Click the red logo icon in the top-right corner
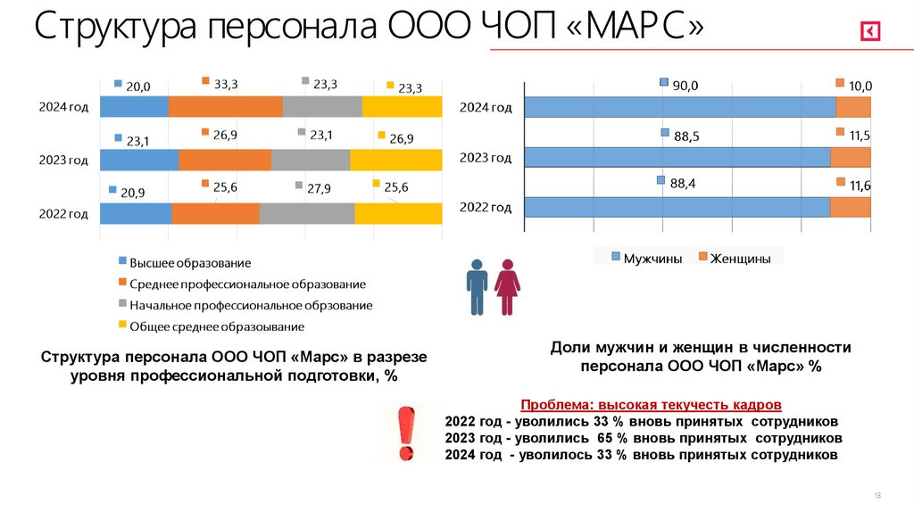[x=870, y=32]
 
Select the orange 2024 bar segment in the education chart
[x=225, y=106]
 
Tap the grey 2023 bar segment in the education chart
[x=311, y=160]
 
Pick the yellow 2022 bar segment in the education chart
[x=398, y=213]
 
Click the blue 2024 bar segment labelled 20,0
[x=134, y=106]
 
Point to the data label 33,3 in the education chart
[x=225, y=84]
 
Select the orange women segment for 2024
[x=853, y=107]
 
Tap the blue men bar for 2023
[x=677, y=157]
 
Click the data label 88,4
[x=683, y=184]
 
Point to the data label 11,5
[x=860, y=136]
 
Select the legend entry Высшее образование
[x=190, y=263]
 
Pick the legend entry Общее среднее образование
[x=217, y=326]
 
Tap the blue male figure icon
[x=478, y=286]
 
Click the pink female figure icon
[x=508, y=286]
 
